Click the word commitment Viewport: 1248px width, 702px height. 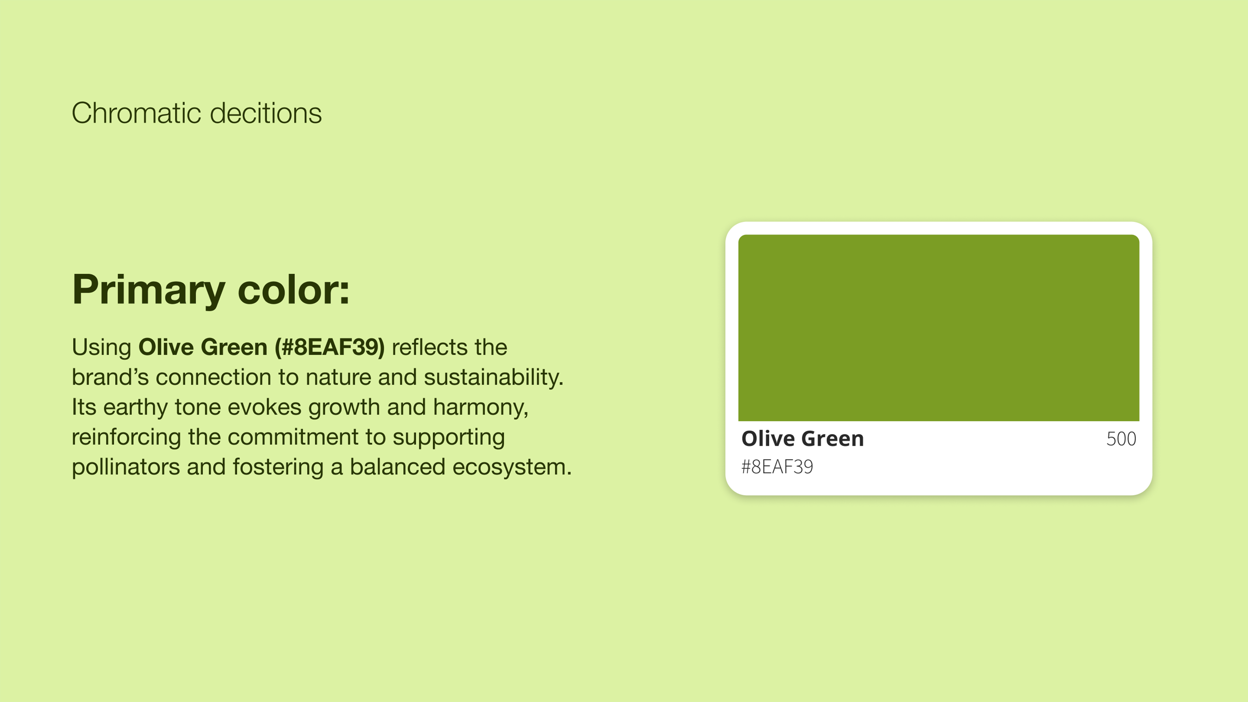click(x=293, y=437)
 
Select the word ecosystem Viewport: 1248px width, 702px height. click(x=512, y=467)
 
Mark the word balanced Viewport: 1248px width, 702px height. click(x=397, y=467)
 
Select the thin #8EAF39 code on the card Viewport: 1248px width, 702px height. click(x=777, y=467)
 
